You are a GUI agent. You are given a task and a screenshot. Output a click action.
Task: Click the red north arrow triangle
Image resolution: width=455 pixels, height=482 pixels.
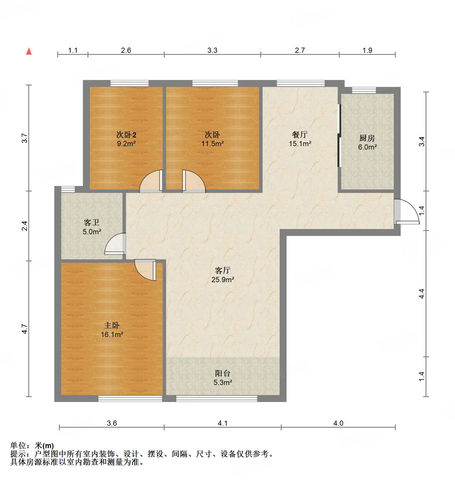(29, 51)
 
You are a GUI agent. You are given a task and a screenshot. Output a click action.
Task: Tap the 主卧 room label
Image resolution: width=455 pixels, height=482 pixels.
(112, 325)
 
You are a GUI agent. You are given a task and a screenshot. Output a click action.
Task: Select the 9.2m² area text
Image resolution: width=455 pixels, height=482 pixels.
(126, 144)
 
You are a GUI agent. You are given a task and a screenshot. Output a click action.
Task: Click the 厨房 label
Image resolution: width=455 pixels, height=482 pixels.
(367, 138)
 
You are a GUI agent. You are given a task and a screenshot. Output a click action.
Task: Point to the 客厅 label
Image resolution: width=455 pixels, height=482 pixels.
(222, 270)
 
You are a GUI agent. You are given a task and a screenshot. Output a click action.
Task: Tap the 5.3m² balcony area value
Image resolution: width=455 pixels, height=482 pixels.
(223, 383)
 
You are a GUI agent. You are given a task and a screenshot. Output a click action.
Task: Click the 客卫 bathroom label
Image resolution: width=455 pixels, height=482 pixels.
(92, 222)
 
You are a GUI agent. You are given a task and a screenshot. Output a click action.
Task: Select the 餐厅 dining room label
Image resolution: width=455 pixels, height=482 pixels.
(300, 135)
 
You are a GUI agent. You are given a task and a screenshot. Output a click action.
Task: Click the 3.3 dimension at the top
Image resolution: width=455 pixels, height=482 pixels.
(212, 51)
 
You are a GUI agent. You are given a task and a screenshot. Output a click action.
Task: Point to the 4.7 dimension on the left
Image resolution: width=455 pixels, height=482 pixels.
(25, 329)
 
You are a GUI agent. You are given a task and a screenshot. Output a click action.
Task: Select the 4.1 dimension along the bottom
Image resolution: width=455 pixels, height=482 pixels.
(222, 423)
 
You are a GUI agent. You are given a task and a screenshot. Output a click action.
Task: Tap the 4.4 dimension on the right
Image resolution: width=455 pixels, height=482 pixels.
(422, 294)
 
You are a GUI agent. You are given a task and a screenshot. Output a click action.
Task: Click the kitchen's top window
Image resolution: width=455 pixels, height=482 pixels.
(364, 90)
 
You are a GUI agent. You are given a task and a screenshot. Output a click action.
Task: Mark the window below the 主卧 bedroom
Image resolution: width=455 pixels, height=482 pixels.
(130, 399)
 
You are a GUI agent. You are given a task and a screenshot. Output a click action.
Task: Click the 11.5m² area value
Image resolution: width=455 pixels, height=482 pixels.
(213, 144)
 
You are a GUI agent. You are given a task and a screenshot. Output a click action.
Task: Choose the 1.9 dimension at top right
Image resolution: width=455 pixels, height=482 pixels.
(367, 51)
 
